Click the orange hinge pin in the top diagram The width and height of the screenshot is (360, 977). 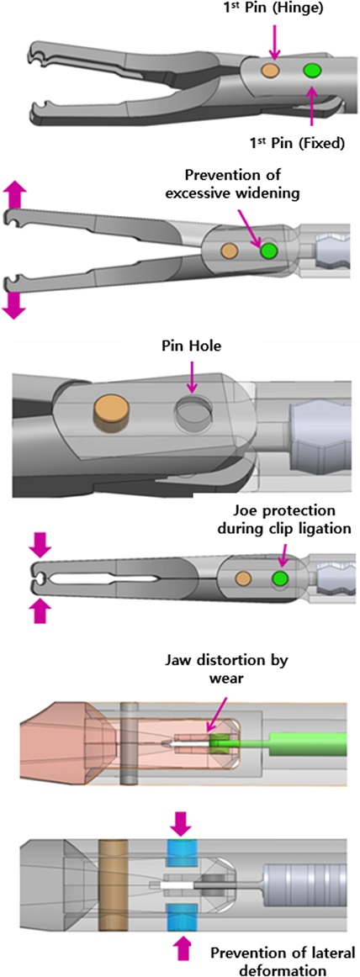click(x=270, y=70)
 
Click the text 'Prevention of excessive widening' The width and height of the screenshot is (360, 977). click(x=267, y=186)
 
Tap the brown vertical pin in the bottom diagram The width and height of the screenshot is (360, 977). click(x=114, y=885)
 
